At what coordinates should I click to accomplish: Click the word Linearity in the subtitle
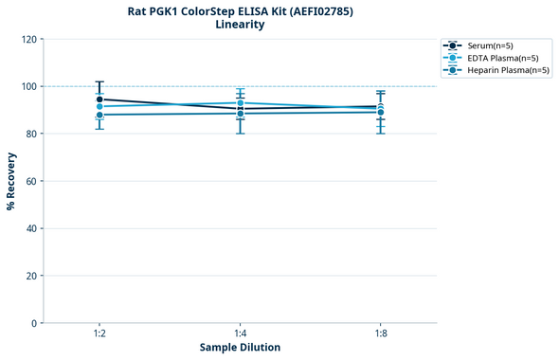240,25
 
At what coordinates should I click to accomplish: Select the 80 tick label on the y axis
31,134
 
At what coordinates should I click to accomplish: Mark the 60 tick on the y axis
31,181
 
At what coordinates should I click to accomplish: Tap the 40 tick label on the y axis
31,228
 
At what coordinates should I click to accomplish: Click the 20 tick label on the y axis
31,276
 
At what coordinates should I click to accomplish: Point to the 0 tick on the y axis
34,323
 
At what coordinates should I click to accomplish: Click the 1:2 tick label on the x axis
99,334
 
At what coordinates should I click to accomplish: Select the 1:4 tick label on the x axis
240,334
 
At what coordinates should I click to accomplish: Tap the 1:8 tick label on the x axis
380,334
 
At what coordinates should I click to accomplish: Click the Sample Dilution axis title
240,348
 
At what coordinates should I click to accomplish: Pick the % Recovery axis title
11,181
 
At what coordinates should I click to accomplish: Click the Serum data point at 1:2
99,99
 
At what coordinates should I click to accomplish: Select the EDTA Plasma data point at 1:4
240,102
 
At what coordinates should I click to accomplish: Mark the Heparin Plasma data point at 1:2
99,115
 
